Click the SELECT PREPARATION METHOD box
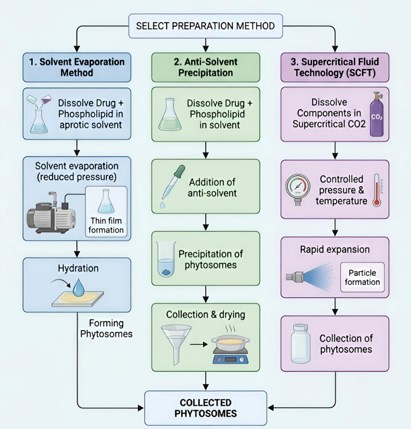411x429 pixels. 205,26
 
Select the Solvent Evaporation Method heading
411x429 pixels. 76,67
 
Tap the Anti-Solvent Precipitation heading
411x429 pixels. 205,67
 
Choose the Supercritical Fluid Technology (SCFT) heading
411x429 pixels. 335,67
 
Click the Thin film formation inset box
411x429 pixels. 106,211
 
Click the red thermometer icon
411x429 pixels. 377,189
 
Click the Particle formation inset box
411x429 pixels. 362,277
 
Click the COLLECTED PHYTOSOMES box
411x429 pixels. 205,408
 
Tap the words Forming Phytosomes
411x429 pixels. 106,328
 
